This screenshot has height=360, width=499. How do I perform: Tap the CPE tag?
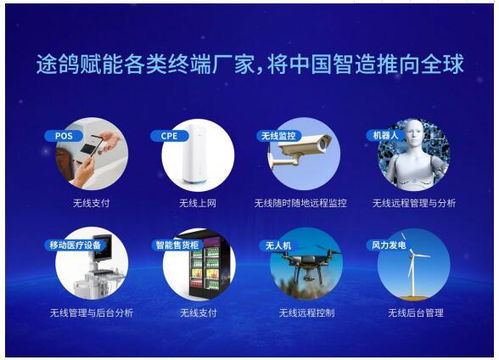tap(166, 135)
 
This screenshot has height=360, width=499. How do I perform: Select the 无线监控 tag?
tap(278, 135)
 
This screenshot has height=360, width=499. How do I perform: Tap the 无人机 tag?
tap(277, 245)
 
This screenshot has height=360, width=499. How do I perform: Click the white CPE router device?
tap(201, 158)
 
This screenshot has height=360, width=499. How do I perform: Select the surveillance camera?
tap(305, 151)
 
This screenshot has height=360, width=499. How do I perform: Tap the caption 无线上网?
tap(198, 203)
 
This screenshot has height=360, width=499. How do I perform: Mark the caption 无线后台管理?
tap(413, 313)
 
